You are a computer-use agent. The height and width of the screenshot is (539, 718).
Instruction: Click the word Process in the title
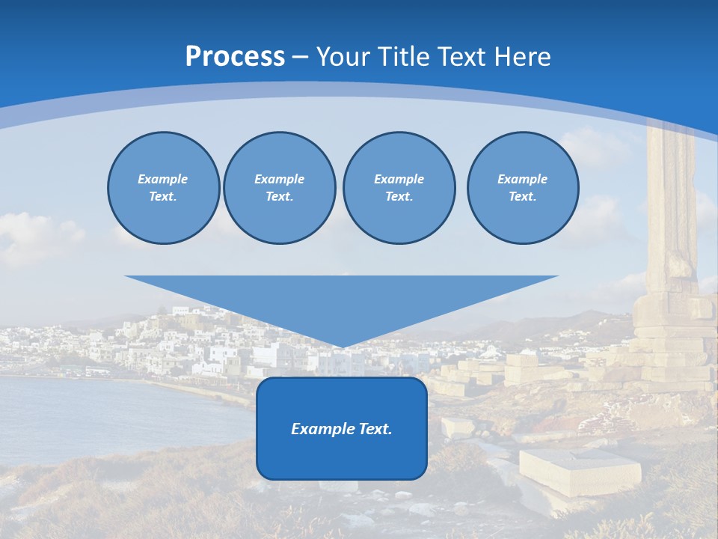[x=235, y=57]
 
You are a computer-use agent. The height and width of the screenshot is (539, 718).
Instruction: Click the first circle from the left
[x=163, y=188]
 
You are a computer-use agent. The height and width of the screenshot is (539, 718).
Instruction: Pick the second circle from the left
[x=280, y=188]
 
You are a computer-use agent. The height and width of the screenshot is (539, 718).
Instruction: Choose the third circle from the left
[x=399, y=188]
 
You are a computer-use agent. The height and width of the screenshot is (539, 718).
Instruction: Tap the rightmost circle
[x=523, y=188]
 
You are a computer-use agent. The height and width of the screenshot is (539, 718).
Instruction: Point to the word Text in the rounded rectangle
[x=375, y=429]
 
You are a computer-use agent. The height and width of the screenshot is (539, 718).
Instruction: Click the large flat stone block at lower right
[x=580, y=470]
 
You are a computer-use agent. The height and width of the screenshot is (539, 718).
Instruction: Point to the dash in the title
[x=300, y=57]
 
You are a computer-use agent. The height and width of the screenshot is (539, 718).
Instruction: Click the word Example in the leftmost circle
[x=163, y=179]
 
